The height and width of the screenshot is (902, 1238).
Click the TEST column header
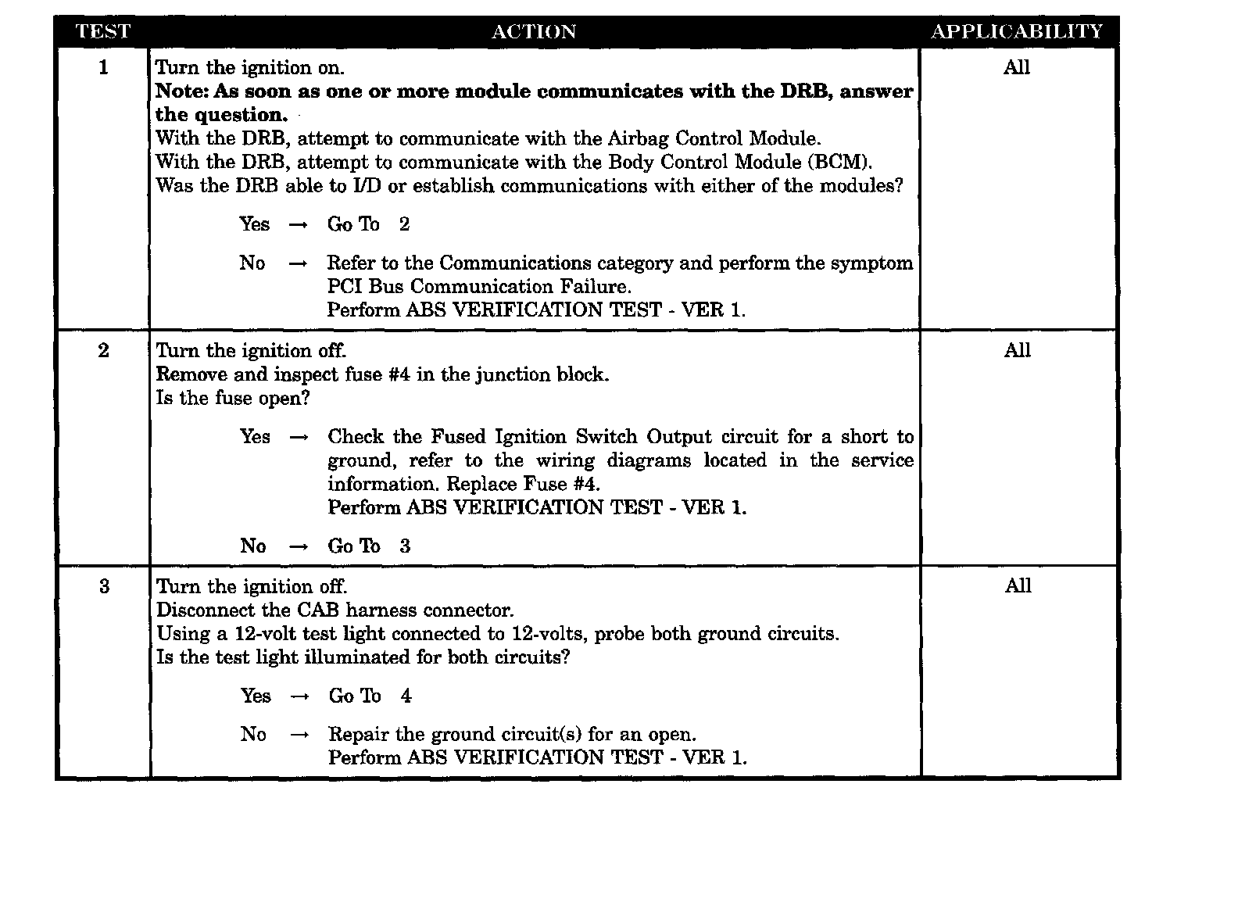click(102, 32)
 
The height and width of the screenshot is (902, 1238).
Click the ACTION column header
click(534, 32)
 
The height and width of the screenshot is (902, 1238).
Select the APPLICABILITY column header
click(1017, 32)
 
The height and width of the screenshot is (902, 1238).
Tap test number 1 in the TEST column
click(103, 68)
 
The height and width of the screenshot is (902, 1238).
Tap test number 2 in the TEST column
click(104, 351)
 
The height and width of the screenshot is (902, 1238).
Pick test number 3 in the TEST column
click(105, 587)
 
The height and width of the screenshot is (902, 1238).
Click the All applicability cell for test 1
click(1017, 68)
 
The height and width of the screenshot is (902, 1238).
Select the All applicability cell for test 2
click(1018, 351)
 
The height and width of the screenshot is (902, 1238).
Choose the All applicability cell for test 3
click(1018, 586)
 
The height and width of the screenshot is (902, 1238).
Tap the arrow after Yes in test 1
click(298, 226)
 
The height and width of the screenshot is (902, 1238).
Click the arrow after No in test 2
click(299, 547)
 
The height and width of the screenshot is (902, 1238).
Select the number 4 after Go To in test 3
click(406, 696)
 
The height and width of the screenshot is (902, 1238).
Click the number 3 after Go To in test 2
click(405, 546)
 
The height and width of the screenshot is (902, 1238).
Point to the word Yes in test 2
click(255, 437)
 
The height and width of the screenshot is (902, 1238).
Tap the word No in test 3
click(253, 735)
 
